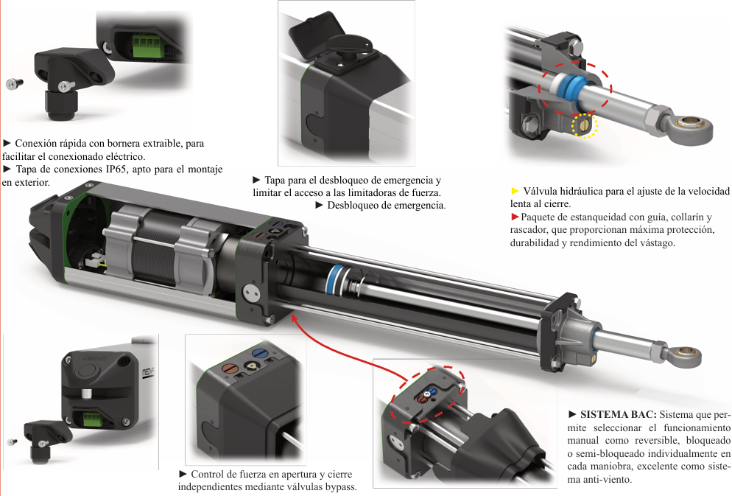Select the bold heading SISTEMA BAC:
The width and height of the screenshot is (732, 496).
[x=619, y=414]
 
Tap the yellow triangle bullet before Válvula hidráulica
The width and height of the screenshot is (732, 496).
[x=515, y=191]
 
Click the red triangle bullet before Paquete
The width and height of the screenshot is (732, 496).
[x=515, y=217]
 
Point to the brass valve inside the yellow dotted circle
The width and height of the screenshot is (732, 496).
[x=585, y=125]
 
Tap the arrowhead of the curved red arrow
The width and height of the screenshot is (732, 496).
[x=294, y=318]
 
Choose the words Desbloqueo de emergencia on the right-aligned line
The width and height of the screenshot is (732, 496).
[x=386, y=205]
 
